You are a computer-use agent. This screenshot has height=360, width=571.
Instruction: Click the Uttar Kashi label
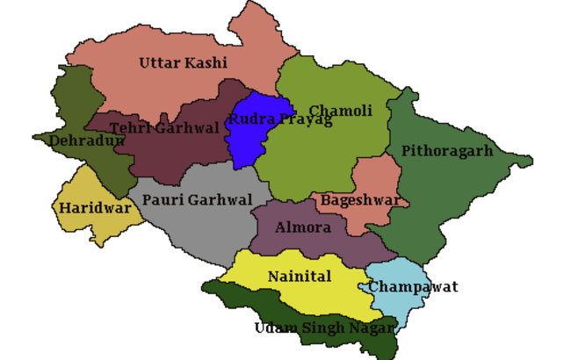(x=183, y=63)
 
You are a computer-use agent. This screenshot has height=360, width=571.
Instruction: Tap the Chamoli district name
(x=340, y=111)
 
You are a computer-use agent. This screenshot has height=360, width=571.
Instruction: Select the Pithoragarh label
(x=447, y=151)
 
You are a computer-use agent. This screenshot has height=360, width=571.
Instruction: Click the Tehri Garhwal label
(x=164, y=129)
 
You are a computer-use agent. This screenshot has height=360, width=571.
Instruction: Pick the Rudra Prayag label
(x=279, y=119)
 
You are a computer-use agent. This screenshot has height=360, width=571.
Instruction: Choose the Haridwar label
(x=96, y=209)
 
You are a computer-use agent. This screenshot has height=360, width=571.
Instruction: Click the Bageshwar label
(x=360, y=200)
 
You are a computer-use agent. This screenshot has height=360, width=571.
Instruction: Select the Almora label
(x=303, y=228)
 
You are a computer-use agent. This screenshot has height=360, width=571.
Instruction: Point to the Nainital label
(x=300, y=277)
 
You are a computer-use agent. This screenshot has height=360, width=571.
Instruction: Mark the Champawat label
(x=413, y=287)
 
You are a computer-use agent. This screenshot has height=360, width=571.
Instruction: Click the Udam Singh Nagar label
(x=325, y=328)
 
